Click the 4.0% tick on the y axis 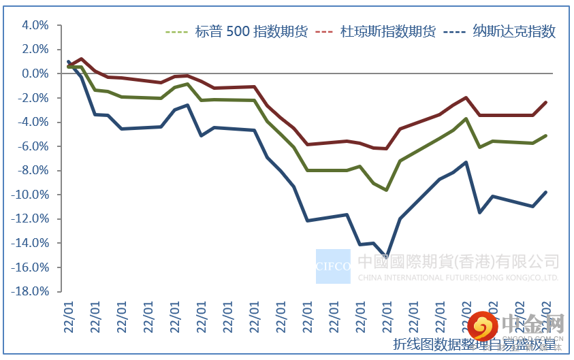pyautogui.click(x=35, y=25)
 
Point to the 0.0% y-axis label pyautogui.click(x=35, y=73)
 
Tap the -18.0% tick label pyautogui.click(x=31, y=291)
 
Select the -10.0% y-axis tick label pyautogui.click(x=31, y=195)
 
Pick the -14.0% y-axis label pyautogui.click(x=31, y=243)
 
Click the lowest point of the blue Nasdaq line pyautogui.click(x=386, y=257)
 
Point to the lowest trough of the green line pyautogui.click(x=386, y=190)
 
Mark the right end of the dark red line pyautogui.click(x=546, y=102)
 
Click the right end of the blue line pyautogui.click(x=546, y=192)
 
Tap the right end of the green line pyautogui.click(x=546, y=135)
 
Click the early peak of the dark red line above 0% pyautogui.click(x=82, y=59)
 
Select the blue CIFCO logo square pyautogui.click(x=333, y=266)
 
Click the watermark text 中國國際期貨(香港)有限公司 pyautogui.click(x=458, y=261)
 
